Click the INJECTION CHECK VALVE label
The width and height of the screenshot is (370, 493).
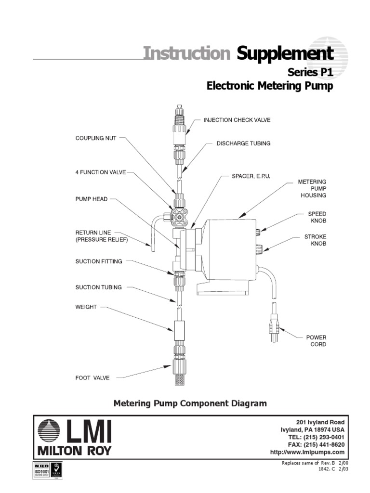coord(237,120)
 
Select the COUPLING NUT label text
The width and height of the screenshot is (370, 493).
coord(96,138)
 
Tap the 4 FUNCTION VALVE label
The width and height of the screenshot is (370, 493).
coord(100,173)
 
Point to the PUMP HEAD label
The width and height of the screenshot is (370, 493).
coord(92,198)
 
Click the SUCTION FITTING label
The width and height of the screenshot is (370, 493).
coord(99,261)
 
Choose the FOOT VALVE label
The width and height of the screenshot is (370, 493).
coord(92,378)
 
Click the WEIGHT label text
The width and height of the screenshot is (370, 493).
coord(86,307)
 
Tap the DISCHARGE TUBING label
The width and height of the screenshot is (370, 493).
coord(243,143)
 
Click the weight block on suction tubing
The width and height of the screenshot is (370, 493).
coord(180,330)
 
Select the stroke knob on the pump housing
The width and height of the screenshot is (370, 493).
coord(259,249)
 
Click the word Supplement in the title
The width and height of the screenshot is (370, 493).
coord(285,53)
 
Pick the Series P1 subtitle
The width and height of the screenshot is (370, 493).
coord(310,72)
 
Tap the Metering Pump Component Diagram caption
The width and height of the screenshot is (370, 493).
coord(190,403)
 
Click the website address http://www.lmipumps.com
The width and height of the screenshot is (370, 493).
coord(307,452)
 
